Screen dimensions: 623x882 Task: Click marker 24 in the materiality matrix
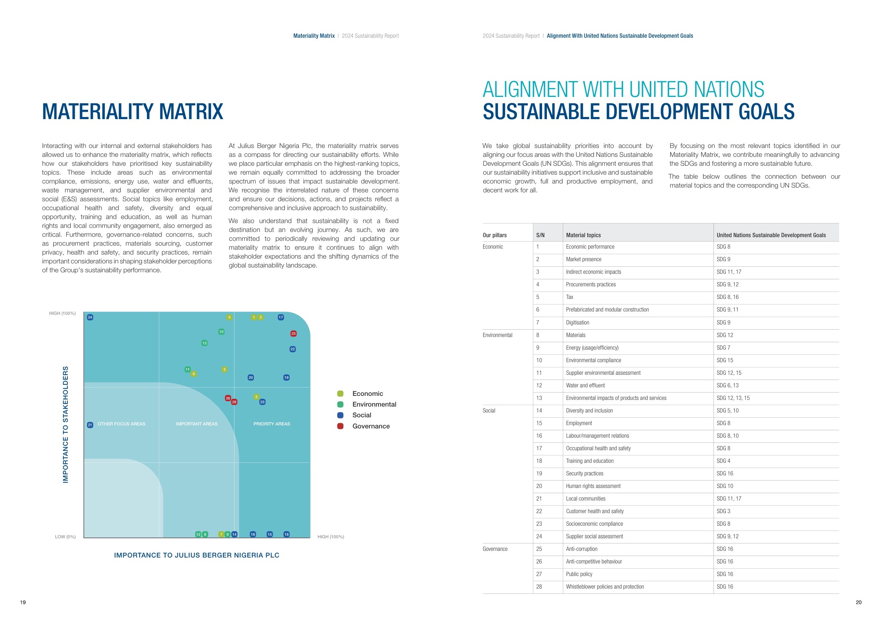pos(90,317)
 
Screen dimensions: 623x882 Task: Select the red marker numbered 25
pos(294,334)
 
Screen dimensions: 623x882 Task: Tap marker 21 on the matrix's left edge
pos(90,425)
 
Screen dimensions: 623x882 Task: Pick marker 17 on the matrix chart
pos(281,317)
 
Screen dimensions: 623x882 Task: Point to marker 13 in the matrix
pos(204,343)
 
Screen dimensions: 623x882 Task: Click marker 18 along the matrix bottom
pos(287,534)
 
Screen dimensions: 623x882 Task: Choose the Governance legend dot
pos(340,426)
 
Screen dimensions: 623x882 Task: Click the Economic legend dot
pos(340,394)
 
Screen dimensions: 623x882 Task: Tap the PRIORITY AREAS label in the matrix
pos(271,424)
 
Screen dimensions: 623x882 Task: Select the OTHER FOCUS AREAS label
pos(121,424)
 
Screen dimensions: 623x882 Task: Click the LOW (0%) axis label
pos(65,537)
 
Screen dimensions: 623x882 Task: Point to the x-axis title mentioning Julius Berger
pos(197,555)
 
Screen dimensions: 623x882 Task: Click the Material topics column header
pos(583,235)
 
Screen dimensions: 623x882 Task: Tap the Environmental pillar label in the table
pos(498,335)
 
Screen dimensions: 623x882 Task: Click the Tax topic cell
pos(570,297)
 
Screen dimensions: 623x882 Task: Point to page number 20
pos(859,602)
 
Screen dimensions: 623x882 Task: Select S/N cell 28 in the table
pos(539,586)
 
